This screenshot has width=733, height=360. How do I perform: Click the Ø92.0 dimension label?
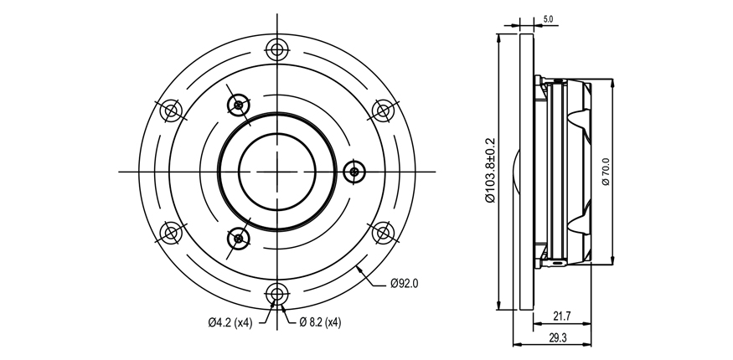[405, 284]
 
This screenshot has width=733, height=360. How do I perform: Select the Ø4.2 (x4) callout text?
[230, 322]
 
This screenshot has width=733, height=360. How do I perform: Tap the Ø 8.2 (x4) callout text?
[320, 322]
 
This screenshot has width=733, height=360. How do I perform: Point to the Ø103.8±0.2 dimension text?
[490, 170]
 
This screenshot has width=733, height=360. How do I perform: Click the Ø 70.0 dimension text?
[606, 172]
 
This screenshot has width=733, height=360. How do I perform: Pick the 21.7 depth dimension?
[562, 316]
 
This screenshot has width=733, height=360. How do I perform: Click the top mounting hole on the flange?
[277, 49]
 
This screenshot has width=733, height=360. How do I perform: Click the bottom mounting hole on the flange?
[277, 295]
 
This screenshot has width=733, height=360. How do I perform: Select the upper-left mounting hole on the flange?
[171, 111]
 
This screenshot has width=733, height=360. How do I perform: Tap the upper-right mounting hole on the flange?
[383, 111]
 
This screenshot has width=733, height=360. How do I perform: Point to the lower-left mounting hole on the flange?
[171, 233]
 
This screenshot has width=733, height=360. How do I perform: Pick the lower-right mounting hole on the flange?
[383, 233]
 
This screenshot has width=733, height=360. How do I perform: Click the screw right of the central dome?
[354, 172]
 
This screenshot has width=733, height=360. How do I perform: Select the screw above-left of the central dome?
[239, 105]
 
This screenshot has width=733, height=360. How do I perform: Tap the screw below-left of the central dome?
[239, 239]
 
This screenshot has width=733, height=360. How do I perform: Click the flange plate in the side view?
[526, 172]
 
